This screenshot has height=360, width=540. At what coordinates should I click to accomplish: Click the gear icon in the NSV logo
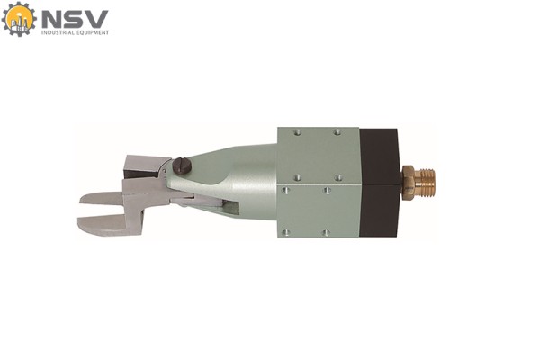coord(19,19)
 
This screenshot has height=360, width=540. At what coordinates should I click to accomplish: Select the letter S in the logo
coord(74,19)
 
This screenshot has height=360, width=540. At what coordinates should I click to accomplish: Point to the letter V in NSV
coord(96,19)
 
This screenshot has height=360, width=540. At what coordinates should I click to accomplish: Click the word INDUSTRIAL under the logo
coord(58,32)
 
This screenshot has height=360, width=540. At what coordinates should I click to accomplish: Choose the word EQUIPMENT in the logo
coord(93,32)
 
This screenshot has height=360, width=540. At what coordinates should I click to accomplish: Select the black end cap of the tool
coord(379,183)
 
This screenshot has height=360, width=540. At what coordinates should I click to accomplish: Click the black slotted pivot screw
coord(182,166)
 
